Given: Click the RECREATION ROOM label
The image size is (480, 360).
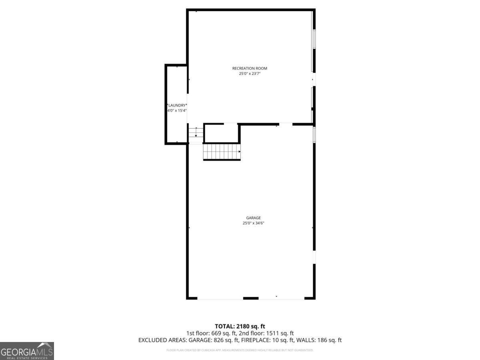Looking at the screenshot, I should pyautogui.click(x=250, y=68).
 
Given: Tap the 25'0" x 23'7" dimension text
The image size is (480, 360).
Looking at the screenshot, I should pyautogui.click(x=250, y=74).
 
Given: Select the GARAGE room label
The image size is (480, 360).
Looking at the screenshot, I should pyautogui.click(x=253, y=218).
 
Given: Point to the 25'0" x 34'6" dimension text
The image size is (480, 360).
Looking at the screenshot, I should pyautogui.click(x=253, y=223).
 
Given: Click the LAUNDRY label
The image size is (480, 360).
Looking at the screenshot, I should pyautogui.click(x=177, y=105).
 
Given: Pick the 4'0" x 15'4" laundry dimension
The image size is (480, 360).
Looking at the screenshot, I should pyautogui.click(x=177, y=110).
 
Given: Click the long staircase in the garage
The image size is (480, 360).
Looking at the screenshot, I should pyautogui.click(x=221, y=152).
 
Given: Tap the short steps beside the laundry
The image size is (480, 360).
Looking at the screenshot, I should pyautogui.click(x=196, y=133).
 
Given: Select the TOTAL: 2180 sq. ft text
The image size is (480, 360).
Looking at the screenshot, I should pyautogui.click(x=240, y=326).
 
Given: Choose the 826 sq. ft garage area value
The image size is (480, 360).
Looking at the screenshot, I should pyautogui.click(x=227, y=340).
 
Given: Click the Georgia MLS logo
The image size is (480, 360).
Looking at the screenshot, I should pyautogui.click(x=27, y=351).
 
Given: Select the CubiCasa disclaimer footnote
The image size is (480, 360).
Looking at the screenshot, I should pyautogui.click(x=240, y=350).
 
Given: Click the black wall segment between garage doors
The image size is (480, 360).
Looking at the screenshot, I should pyautogui.click(x=251, y=298).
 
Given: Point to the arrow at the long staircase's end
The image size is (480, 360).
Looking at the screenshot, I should pyautogui.click(x=239, y=152).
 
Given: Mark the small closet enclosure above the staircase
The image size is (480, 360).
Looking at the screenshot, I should pyautogui.click(x=221, y=133).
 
